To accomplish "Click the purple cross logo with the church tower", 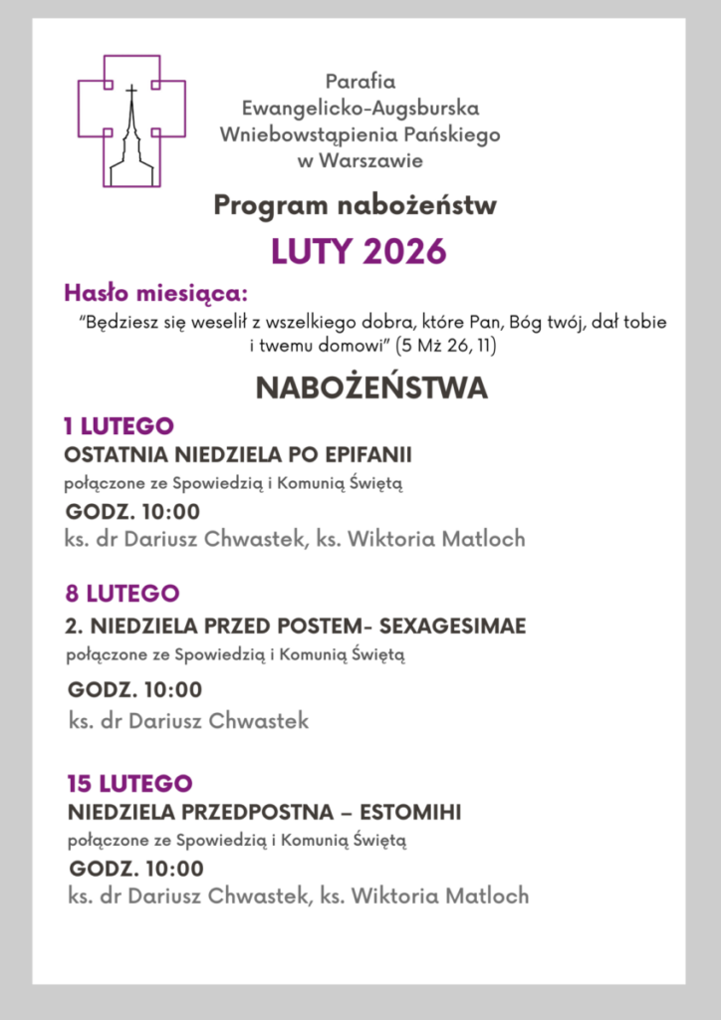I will (131, 120).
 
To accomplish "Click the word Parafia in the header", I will (360, 82).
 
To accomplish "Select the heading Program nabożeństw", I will (355, 206).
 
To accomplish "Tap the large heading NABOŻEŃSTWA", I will (371, 387).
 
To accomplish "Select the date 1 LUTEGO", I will (119, 426).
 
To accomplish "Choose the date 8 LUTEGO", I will (122, 594).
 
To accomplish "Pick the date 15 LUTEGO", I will (129, 782).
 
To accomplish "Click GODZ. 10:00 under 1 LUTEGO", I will (132, 512).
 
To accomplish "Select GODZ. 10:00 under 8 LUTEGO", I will (134, 689).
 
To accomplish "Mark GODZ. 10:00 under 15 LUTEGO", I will (136, 868).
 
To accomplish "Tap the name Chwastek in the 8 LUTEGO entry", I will (258, 720).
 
